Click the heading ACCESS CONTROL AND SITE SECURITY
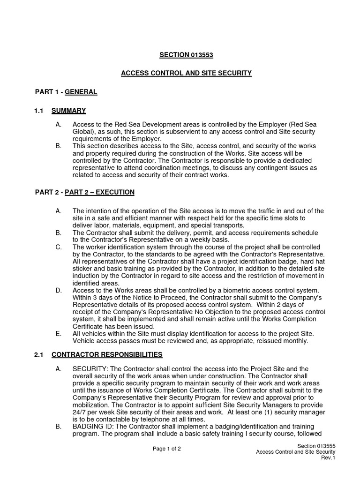[x=186, y=73]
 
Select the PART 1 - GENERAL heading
[x=66, y=92]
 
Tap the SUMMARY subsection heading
[x=68, y=111]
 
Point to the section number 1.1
[x=39, y=111]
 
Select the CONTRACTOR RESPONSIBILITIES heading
[x=107, y=354]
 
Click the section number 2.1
[x=39, y=354]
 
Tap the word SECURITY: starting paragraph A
[x=90, y=369]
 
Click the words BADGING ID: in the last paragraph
[x=93, y=427]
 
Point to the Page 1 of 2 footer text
[x=167, y=449]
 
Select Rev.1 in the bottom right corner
[x=328, y=457]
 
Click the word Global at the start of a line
[x=82, y=133]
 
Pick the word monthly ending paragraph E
[x=295, y=341]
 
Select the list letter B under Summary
[x=58, y=146]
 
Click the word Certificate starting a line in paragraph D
[x=89, y=326]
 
